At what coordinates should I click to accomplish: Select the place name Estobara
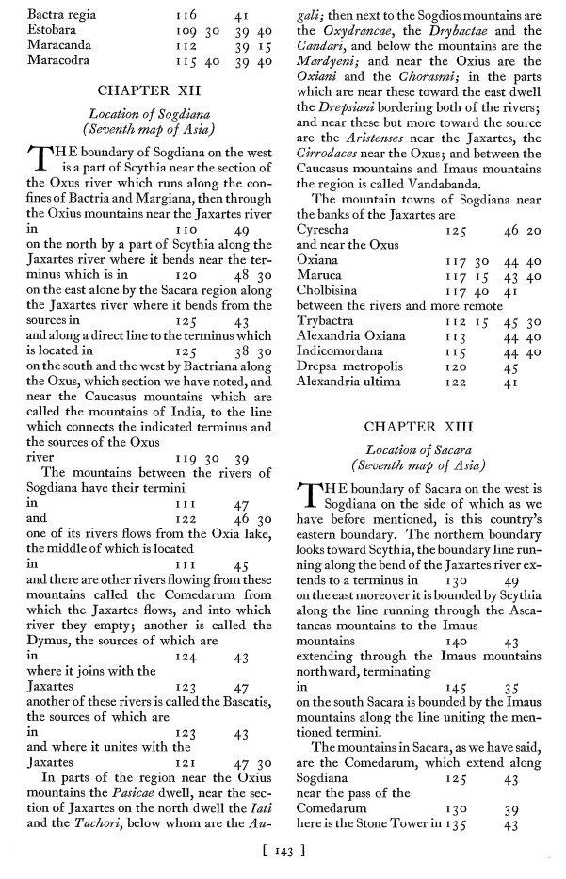52,31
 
